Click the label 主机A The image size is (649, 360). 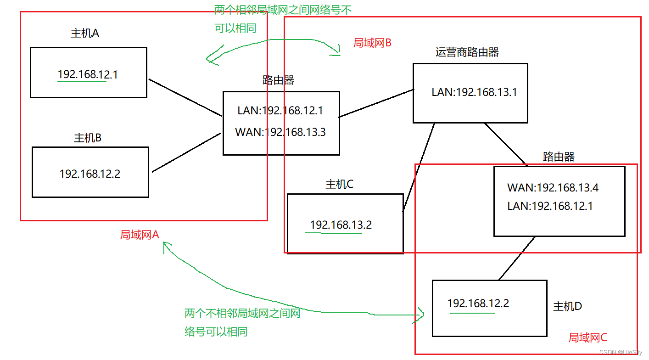click(85, 34)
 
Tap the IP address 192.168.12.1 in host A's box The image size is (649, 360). click(88, 74)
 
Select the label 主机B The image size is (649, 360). click(88, 138)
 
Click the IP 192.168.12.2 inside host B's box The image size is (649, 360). click(90, 174)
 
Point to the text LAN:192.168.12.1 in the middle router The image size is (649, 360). click(280, 111)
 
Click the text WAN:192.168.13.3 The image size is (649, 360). click(280, 132)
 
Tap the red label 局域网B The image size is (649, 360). click(372, 43)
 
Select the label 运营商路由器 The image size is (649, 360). click(467, 52)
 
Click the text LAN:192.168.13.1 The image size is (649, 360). click(474, 92)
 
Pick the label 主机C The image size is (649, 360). click(339, 184)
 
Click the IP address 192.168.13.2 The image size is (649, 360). click(341, 225)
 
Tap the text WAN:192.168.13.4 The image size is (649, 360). click(553, 188)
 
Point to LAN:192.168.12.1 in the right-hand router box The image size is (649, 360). click(550, 206)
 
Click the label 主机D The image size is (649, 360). click(568, 306)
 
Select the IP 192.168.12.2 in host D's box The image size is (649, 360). click(478, 304)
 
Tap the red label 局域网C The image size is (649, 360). click(587, 337)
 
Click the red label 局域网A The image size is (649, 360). click(140, 235)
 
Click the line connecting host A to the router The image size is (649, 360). click(185, 97)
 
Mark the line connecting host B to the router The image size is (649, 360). click(186, 153)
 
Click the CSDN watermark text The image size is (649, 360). click(621, 352)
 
